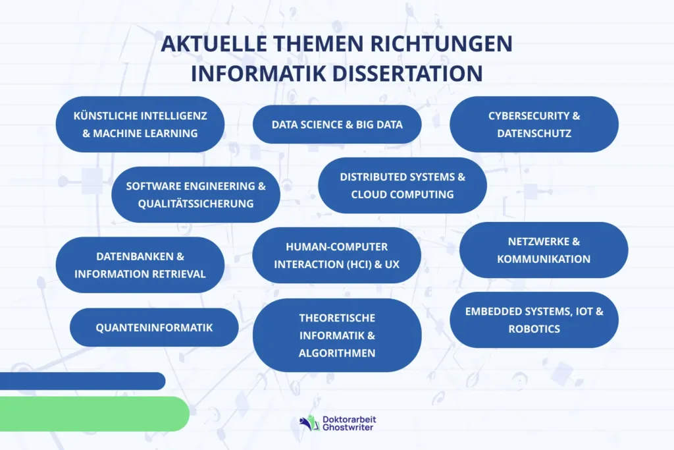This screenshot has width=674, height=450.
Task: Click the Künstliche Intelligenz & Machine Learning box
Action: point(140,125)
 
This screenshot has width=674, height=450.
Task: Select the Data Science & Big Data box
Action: point(337,125)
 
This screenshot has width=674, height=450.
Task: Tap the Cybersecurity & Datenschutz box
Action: point(534,125)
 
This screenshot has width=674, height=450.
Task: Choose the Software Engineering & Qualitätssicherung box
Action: point(195,194)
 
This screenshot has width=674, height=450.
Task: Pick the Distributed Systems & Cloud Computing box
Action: point(402,185)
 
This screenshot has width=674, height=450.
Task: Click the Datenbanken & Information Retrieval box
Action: point(140,265)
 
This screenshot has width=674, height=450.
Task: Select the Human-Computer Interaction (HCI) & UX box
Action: point(337,256)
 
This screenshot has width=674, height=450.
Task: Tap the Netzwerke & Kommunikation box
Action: point(544,250)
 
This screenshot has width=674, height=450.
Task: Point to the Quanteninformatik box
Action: point(154,327)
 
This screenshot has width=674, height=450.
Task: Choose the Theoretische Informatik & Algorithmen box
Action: point(337,335)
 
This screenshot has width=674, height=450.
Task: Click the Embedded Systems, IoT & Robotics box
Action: point(534,320)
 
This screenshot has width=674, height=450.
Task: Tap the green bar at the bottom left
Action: point(92,414)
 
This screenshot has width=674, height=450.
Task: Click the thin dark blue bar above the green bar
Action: point(82,381)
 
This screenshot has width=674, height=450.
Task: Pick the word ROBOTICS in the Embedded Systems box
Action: point(534,329)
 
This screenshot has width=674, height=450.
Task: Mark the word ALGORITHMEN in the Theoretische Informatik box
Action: point(337,353)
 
